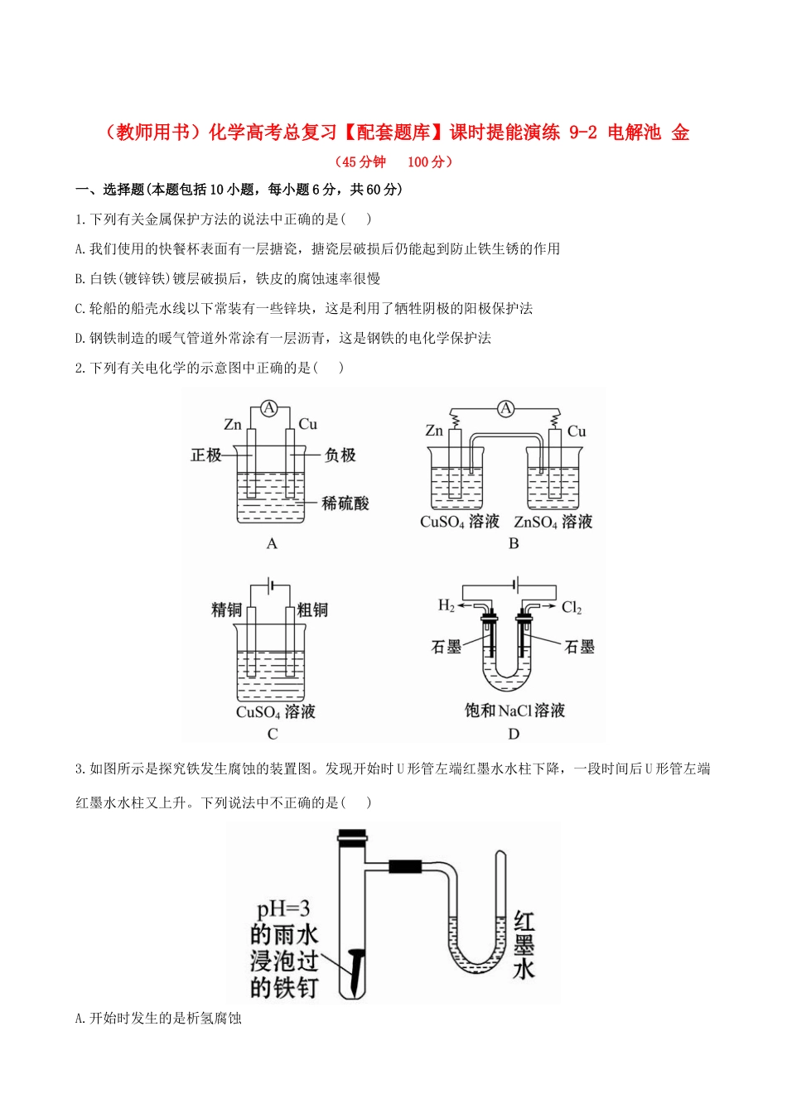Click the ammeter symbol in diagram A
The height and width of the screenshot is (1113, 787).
tap(268, 407)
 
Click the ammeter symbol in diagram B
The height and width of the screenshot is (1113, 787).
tap(505, 408)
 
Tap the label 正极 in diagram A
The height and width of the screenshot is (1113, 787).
tap(206, 455)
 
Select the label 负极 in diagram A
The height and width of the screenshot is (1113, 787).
tap(340, 455)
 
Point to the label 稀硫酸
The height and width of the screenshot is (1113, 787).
tap(345, 503)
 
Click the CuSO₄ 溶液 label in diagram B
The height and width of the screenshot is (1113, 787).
tap(460, 522)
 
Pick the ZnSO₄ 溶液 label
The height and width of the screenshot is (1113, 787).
tap(553, 522)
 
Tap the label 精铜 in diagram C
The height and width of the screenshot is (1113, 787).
tap(227, 610)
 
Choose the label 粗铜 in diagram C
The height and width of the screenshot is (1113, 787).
tap(312, 610)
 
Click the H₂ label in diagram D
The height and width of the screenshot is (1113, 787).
tap(446, 606)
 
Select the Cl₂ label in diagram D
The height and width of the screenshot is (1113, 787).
tap(572, 608)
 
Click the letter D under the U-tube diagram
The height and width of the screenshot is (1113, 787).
tap(514, 734)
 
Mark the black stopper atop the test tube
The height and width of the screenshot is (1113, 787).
tap(352, 836)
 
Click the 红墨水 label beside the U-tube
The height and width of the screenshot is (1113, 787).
tap(524, 945)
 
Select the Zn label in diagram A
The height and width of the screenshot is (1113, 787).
tap(233, 425)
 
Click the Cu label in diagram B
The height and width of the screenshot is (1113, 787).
tap(577, 431)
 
